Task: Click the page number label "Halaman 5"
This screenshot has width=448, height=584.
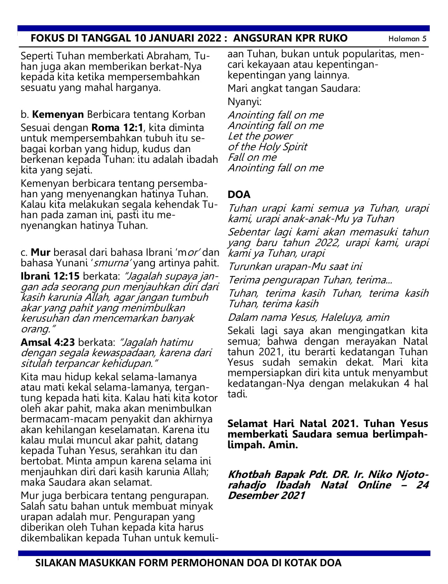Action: (407, 39)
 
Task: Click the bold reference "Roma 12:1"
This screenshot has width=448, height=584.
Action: (117, 128)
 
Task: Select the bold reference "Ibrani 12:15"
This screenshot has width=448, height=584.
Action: (50, 276)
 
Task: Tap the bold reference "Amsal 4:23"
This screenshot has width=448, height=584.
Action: (48, 342)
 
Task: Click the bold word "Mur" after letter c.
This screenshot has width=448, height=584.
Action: (41, 252)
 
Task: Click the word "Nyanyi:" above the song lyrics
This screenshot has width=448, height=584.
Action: (245, 102)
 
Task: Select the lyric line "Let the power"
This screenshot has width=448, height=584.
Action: (260, 136)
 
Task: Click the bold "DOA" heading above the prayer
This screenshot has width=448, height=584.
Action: (239, 195)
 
